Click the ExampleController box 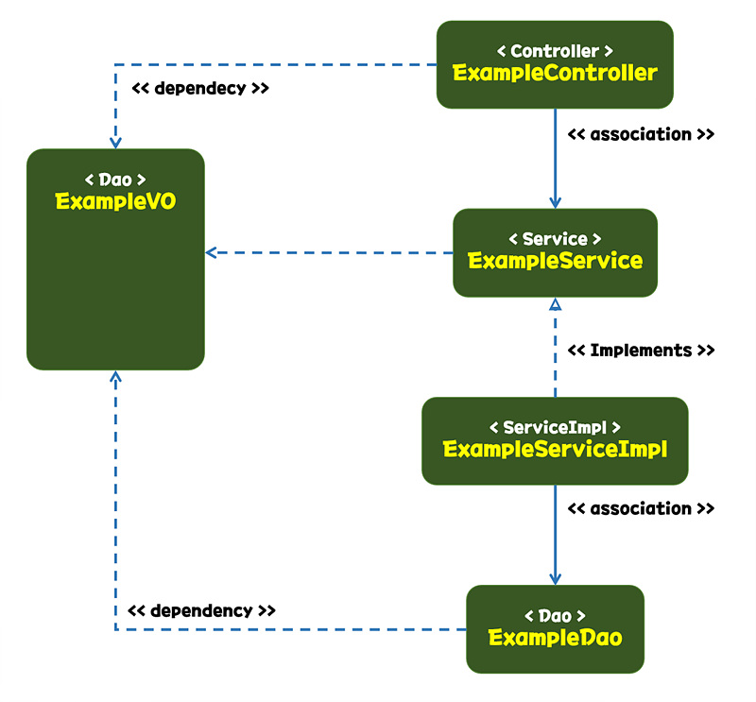click(555, 63)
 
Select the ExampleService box click(555, 252)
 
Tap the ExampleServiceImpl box click(555, 440)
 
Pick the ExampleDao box click(555, 628)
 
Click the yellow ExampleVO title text click(115, 201)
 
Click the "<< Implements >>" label click(641, 351)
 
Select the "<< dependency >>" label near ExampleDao click(201, 610)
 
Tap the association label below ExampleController click(641, 134)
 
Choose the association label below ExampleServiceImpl click(641, 508)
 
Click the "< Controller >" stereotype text click(555, 50)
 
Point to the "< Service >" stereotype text click(555, 239)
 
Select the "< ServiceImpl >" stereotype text click(555, 427)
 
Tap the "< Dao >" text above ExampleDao click(555, 615)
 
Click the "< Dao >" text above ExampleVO click(115, 179)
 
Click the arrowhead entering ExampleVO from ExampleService click(212, 252)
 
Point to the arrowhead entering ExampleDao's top click(556, 579)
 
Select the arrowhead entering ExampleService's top click(556, 202)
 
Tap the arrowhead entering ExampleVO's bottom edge click(115, 377)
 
